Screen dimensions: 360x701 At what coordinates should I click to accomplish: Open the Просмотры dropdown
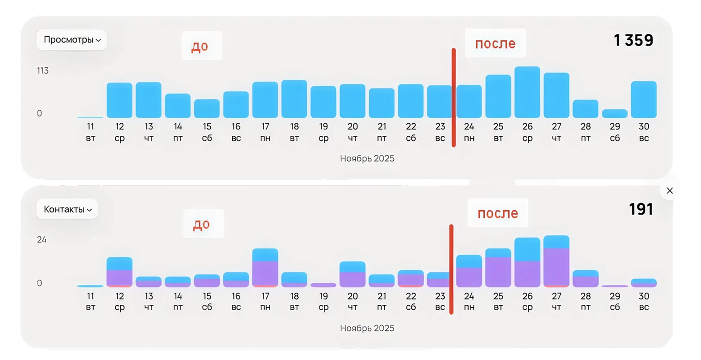coord(72,40)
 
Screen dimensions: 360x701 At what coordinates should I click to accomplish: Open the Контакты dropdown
coord(67,210)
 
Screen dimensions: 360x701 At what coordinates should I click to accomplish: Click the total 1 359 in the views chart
coord(633,41)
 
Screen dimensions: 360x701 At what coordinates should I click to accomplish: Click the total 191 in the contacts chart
coord(641,210)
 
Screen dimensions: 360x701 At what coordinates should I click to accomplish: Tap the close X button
coord(669,191)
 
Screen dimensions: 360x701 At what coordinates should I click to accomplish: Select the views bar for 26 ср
coord(527,92)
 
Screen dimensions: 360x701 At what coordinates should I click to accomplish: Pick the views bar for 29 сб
coord(615,114)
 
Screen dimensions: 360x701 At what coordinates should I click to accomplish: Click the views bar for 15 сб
coord(207,109)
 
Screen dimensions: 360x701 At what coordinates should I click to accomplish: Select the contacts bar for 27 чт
coord(556,262)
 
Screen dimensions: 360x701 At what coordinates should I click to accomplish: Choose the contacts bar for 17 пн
coord(265,268)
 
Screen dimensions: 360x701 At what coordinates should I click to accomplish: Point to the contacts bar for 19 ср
coord(323,285)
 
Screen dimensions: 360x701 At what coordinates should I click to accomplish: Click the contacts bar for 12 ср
coord(120,272)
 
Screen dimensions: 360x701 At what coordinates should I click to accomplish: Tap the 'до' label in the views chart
coord(200,46)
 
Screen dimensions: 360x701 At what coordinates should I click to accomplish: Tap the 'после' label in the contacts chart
coord(498,213)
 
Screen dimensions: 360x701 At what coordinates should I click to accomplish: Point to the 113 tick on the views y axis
coord(43,71)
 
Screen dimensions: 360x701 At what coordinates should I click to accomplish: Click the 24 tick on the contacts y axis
coord(42,240)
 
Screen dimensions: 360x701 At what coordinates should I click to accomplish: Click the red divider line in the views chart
coord(454,97)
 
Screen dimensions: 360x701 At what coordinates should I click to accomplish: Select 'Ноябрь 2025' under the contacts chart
coord(367,328)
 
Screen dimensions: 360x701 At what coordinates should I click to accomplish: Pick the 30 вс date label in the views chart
coord(644,132)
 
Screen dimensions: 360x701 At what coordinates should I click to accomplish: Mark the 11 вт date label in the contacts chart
coord(90,301)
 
